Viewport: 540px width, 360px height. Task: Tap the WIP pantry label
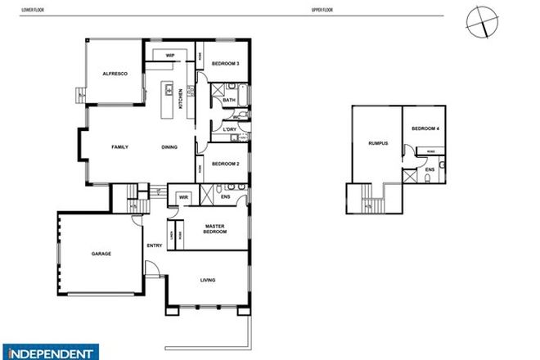pyautogui.click(x=170, y=56)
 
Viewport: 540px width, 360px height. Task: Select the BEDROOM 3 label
pyautogui.click(x=225, y=64)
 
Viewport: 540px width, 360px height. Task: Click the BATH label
pyautogui.click(x=228, y=101)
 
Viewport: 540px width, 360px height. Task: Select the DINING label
pyautogui.click(x=170, y=147)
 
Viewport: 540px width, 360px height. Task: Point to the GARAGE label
pyautogui.click(x=101, y=254)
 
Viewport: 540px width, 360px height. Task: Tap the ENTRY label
pyautogui.click(x=155, y=245)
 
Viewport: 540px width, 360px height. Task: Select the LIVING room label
pyautogui.click(x=208, y=281)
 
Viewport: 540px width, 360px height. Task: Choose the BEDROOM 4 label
pyautogui.click(x=425, y=128)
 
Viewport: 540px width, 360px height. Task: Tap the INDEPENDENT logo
pyautogui.click(x=50, y=353)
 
